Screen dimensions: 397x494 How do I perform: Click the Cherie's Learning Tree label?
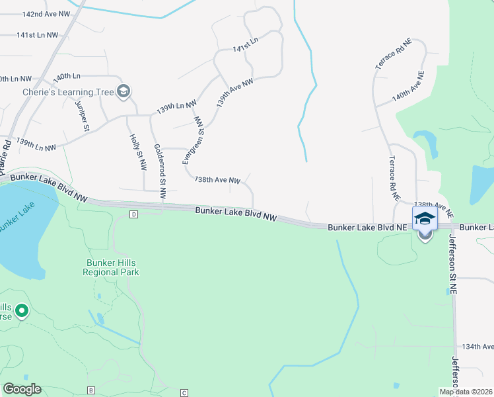(68, 93)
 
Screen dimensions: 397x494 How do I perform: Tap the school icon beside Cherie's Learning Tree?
(123, 91)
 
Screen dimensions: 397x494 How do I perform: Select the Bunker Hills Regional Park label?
(112, 267)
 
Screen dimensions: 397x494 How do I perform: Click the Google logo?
(22, 389)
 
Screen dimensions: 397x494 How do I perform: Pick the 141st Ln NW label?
(38, 34)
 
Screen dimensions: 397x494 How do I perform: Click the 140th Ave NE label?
(408, 87)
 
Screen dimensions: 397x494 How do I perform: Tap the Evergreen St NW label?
(192, 140)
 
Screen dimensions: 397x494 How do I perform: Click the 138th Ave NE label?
(434, 210)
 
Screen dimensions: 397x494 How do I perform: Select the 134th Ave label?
(477, 347)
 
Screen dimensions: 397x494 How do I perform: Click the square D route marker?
(133, 214)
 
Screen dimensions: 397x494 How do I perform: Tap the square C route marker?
(184, 393)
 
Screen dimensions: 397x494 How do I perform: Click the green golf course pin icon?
(22, 310)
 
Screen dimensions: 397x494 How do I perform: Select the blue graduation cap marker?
(424, 218)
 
